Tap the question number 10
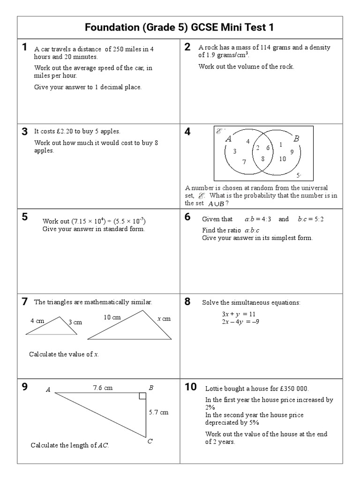click(190, 387)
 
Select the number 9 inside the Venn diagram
click(292, 152)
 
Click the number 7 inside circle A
click(244, 162)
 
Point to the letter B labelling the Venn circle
click(296, 139)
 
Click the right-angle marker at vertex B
click(142, 397)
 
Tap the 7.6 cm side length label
click(103, 388)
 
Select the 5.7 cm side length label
click(158, 412)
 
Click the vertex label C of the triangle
click(150, 441)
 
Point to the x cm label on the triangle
click(164, 319)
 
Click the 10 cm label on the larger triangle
click(112, 317)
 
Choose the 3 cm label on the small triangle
click(75, 322)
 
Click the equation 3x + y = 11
click(238, 314)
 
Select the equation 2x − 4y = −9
click(240, 322)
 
